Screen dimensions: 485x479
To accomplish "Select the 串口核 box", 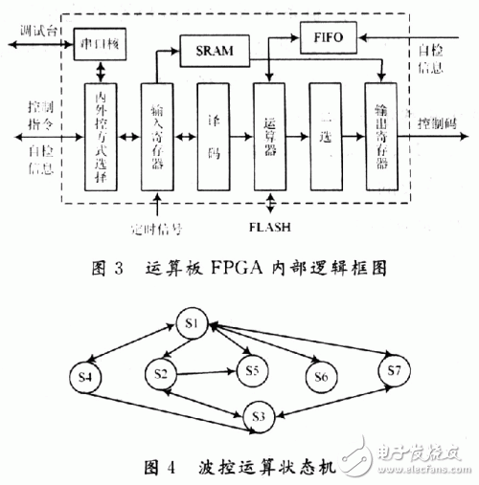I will (x=101, y=44).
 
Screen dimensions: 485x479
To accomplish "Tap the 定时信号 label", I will (x=155, y=229).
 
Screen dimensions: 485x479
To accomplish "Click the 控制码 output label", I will (x=437, y=125).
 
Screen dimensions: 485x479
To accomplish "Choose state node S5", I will (x=252, y=370).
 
